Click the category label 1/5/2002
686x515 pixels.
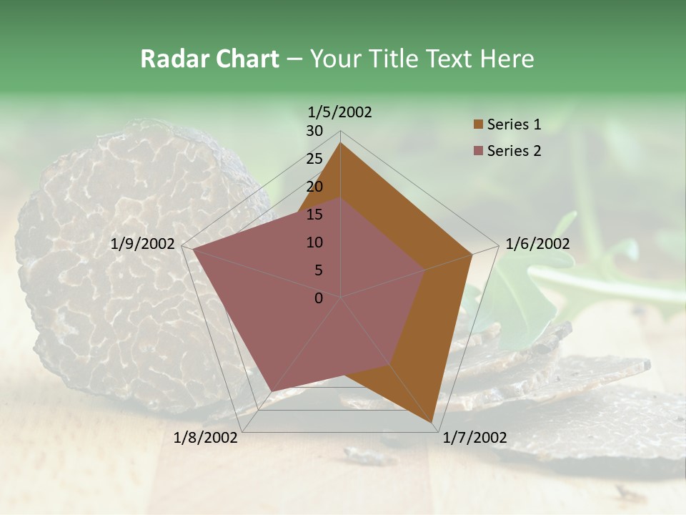click(x=340, y=112)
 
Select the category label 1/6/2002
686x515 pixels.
click(x=537, y=244)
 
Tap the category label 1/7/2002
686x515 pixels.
click(x=474, y=438)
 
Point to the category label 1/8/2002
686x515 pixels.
click(x=206, y=438)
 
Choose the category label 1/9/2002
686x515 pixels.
click(x=143, y=244)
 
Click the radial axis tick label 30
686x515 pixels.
click(x=314, y=131)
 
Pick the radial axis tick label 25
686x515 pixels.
click(x=314, y=159)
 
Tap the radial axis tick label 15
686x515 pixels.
click(x=314, y=215)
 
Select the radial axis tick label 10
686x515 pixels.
click(x=314, y=242)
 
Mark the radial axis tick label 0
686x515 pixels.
click(x=319, y=298)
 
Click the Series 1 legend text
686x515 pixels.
click(x=514, y=124)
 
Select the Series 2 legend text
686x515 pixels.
click(x=514, y=151)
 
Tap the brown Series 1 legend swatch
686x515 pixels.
click(x=478, y=124)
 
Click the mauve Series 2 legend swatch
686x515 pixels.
click(x=478, y=151)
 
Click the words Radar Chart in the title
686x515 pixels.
click(x=209, y=59)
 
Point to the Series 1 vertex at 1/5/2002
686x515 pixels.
click(x=340, y=143)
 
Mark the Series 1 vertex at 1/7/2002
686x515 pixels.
click(x=433, y=423)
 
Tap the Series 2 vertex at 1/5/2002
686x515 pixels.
click(x=340, y=198)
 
